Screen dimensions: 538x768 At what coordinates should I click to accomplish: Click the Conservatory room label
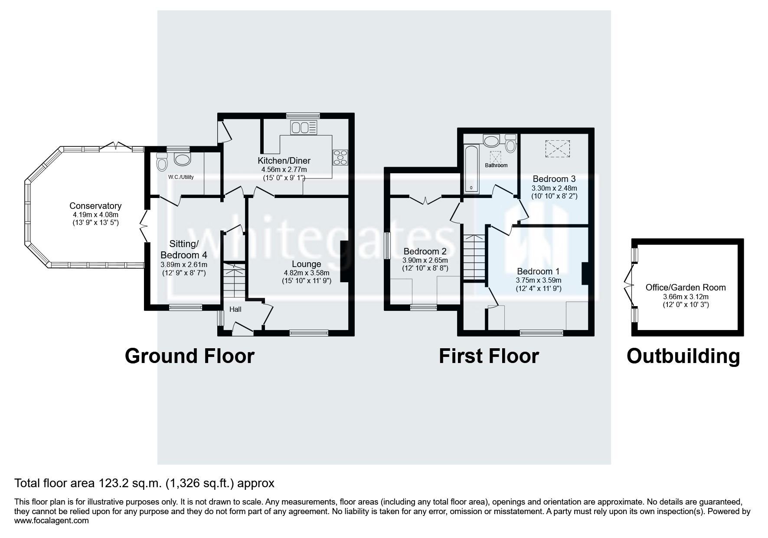point(95,206)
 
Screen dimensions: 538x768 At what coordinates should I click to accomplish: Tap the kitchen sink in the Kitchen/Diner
point(304,128)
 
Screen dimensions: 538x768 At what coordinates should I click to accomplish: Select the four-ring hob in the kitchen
point(340,157)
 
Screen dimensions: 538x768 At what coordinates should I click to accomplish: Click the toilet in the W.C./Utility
point(162,162)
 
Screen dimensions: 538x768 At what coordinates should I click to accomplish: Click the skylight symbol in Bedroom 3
point(557,149)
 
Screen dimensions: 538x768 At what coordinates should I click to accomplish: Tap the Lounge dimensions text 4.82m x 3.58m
point(306,273)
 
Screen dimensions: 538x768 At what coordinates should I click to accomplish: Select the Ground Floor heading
point(190,356)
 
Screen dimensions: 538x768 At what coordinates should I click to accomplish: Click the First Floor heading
point(488,356)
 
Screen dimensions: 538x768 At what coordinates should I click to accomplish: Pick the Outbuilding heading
point(683,356)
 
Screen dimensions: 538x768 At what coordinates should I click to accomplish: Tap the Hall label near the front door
point(235,310)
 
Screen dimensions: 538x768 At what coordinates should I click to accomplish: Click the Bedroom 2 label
point(425,251)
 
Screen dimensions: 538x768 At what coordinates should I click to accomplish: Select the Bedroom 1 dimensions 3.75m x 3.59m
point(538,281)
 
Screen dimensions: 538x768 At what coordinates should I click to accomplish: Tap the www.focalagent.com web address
point(52,520)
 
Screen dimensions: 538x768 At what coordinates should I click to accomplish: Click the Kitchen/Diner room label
point(284,161)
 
